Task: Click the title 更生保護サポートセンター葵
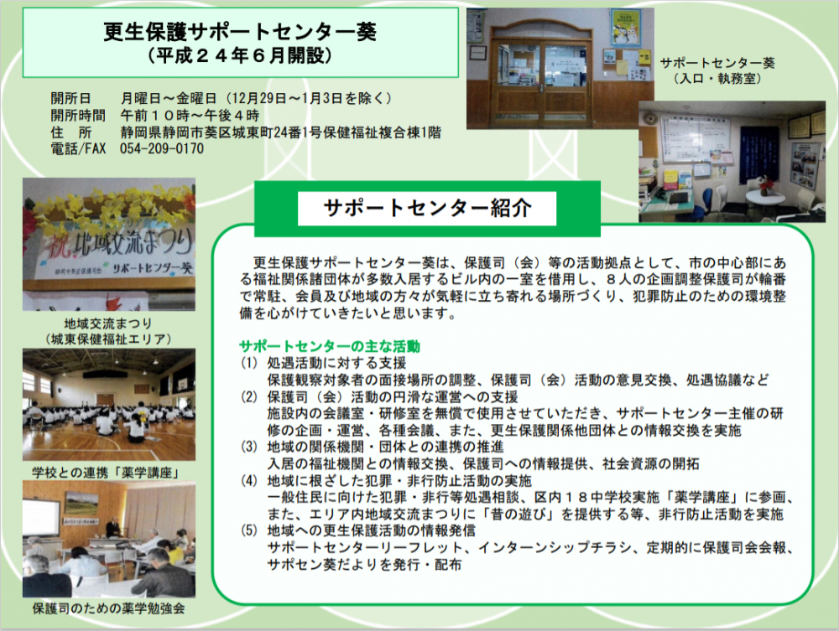(x=240, y=32)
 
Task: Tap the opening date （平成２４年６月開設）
(x=240, y=55)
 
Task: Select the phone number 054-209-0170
(x=162, y=148)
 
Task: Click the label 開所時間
(x=78, y=116)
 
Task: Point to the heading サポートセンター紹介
(x=427, y=208)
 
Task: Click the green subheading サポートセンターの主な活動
(x=329, y=346)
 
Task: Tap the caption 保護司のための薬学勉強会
(x=108, y=608)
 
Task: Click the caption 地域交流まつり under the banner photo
(x=108, y=323)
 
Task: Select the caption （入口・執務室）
(x=717, y=79)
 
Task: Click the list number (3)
(x=249, y=447)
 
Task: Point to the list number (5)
(x=249, y=530)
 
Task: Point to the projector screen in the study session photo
(x=40, y=519)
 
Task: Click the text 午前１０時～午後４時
(x=190, y=116)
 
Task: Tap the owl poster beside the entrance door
(x=626, y=28)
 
